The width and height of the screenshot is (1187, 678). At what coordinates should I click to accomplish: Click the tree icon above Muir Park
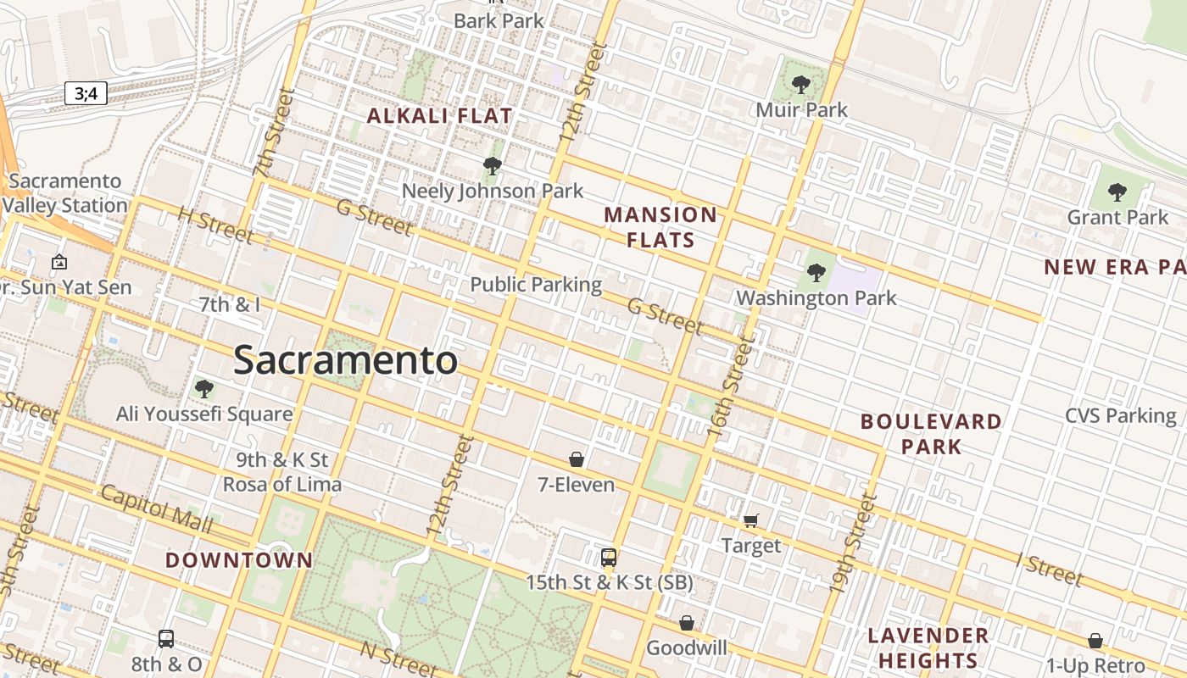[800, 84]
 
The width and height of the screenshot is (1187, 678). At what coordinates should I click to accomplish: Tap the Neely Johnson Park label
[493, 191]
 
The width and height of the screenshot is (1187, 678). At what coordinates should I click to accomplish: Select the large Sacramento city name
[345, 360]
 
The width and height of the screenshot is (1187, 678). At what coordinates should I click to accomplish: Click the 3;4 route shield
[86, 93]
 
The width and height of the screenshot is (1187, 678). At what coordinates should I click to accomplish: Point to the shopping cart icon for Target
[750, 520]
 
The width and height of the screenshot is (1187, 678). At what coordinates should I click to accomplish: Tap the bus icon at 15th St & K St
[609, 558]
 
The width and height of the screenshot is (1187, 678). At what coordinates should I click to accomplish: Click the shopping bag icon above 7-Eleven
[577, 459]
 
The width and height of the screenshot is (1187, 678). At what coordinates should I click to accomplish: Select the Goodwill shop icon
[687, 624]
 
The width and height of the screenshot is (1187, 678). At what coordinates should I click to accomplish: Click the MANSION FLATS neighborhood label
[660, 227]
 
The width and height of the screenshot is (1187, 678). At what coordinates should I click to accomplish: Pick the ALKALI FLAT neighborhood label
[439, 116]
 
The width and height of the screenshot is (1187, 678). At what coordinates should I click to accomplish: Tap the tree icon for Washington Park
[816, 272]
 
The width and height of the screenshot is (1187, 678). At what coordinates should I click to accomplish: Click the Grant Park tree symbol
[1117, 192]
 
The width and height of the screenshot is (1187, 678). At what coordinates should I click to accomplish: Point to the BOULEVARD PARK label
[931, 434]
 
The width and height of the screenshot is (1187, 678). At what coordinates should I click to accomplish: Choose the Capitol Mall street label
[156, 508]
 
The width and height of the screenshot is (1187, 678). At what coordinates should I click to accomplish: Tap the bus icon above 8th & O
[166, 638]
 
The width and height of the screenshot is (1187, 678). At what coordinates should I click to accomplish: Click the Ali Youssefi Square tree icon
[203, 389]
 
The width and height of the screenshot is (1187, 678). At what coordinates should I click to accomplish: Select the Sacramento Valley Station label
[65, 193]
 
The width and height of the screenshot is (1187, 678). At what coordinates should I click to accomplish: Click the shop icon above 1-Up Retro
[1095, 641]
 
